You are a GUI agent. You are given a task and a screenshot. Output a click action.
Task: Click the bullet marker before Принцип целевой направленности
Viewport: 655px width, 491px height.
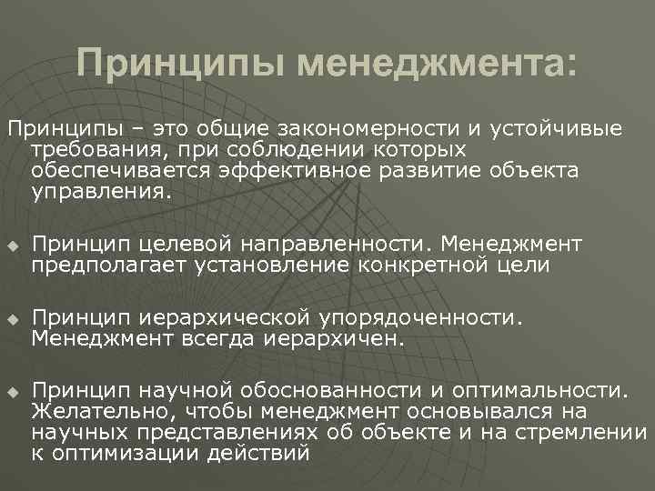12,246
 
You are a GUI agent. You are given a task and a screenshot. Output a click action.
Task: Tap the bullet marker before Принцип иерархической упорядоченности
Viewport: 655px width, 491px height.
12,321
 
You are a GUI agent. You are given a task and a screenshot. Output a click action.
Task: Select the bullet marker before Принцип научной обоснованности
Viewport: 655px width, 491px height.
12,393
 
